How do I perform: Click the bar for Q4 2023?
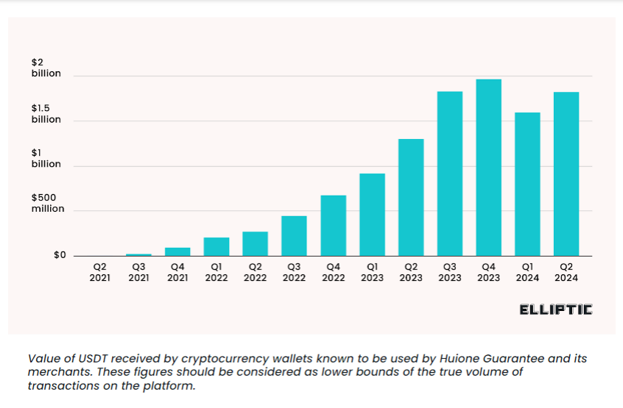click(x=488, y=168)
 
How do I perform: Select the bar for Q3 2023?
click(x=449, y=173)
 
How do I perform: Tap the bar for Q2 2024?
click(x=566, y=173)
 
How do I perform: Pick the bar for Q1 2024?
click(x=527, y=184)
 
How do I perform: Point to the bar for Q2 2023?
click(x=411, y=197)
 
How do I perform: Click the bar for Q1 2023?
click(x=372, y=215)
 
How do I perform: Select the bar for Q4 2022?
click(x=333, y=226)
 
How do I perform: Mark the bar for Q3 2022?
click(x=294, y=236)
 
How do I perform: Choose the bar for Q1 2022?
click(x=217, y=247)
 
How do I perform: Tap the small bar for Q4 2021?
click(x=177, y=251)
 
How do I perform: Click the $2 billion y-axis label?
click(x=46, y=68)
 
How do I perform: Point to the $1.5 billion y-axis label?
click(x=46, y=114)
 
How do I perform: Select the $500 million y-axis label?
click(x=47, y=203)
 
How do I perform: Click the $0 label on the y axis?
click(x=59, y=255)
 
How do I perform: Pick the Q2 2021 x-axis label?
click(x=99, y=272)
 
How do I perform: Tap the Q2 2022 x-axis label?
click(x=255, y=272)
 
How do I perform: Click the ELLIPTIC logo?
click(x=555, y=309)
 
